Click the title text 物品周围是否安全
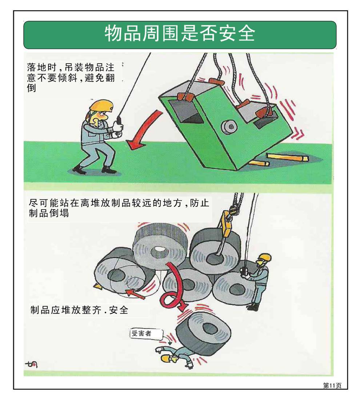tap(180, 35)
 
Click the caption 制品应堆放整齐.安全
tap(79, 311)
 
